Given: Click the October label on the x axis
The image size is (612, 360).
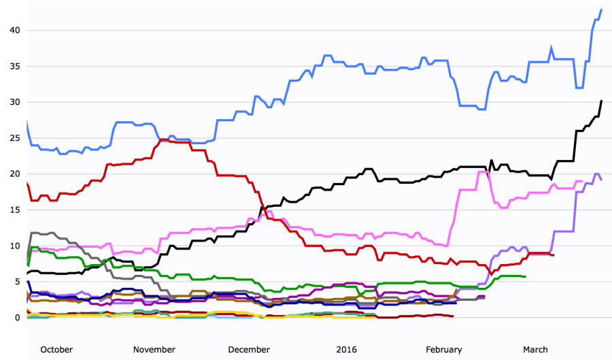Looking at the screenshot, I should coord(56,350).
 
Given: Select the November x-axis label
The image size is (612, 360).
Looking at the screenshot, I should coord(154,350).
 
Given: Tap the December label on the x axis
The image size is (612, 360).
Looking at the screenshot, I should coord(249,350).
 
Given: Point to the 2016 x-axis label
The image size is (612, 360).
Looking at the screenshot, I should coord(347,350).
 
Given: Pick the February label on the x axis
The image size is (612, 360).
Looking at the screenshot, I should coord(443,350).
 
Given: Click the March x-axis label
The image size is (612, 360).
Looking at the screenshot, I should coord(535,350).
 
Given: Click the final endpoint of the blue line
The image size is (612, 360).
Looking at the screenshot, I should coord(602,10).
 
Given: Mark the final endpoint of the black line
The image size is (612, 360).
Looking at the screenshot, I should coord(602,101).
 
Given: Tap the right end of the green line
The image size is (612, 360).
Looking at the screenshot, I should coord(525,276).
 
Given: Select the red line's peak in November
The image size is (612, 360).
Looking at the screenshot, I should coord(165,140).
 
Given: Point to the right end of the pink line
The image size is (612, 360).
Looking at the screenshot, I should coord(582,181).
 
